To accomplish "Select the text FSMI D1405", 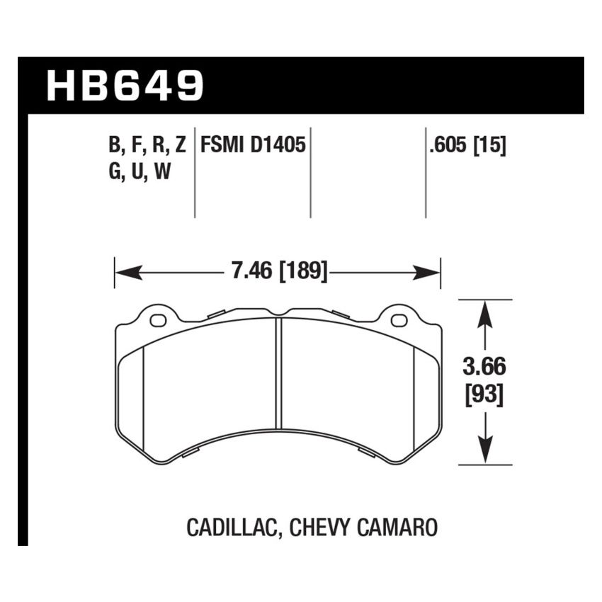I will [x=253, y=146].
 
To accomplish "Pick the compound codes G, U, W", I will [x=140, y=173].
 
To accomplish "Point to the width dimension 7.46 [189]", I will [x=278, y=271].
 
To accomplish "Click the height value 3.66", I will [x=484, y=369].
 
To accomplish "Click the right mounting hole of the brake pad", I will [x=399, y=320].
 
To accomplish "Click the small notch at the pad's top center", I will [x=278, y=312].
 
